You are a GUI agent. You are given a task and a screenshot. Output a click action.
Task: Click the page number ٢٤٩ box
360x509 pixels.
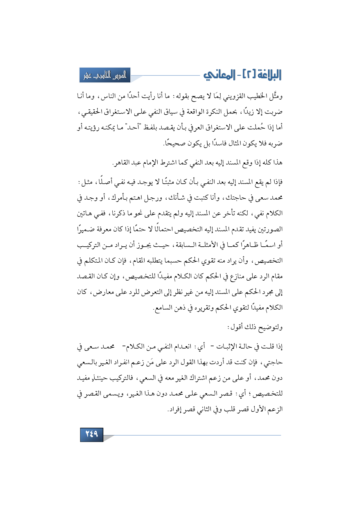tap(91, 434)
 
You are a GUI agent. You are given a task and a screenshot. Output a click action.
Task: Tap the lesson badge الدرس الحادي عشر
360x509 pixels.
tap(105, 75)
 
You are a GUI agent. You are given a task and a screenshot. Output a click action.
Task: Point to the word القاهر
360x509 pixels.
tap(121, 163)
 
